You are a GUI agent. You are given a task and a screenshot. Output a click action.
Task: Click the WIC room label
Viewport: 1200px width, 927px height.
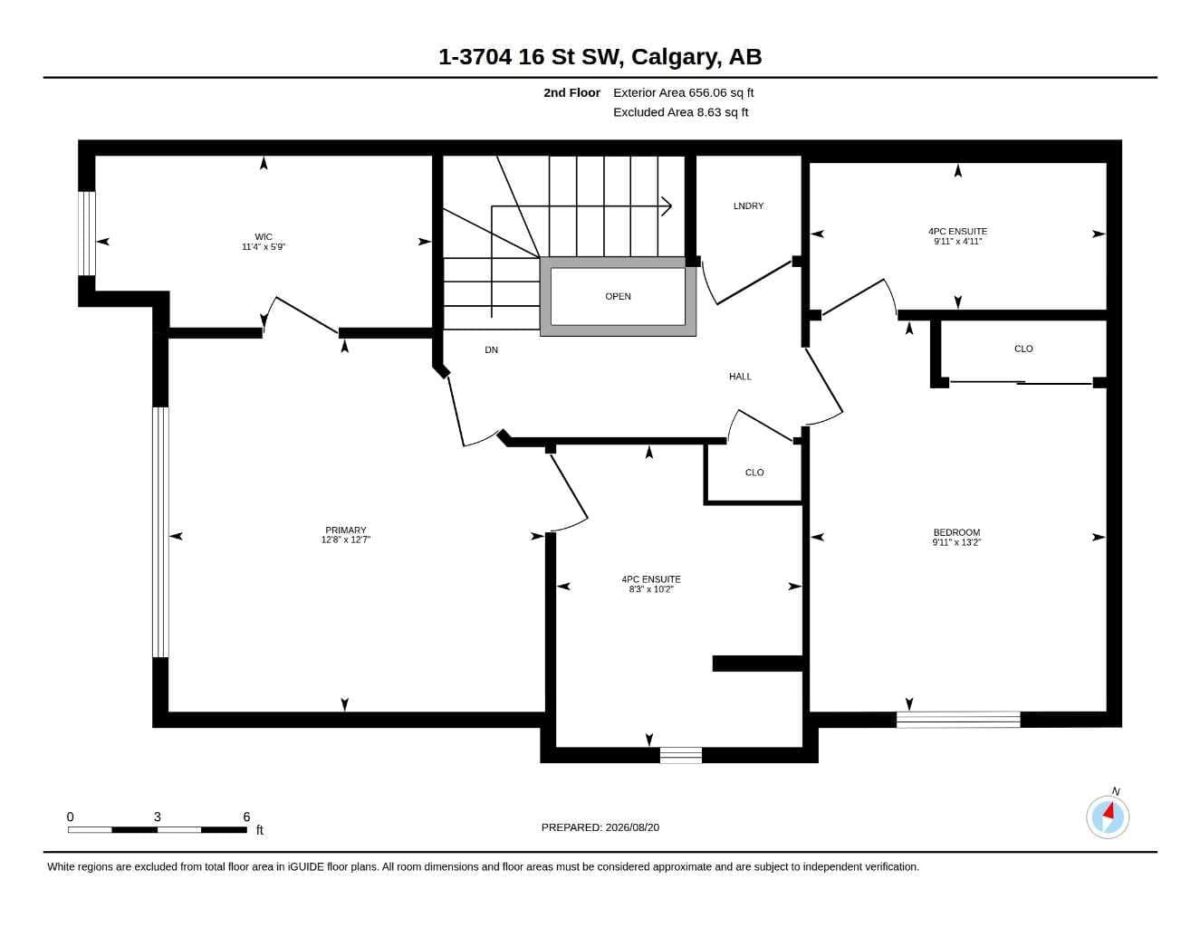coord(264,236)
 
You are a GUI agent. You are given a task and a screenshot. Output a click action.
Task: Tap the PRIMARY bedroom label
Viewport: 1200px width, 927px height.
coord(346,530)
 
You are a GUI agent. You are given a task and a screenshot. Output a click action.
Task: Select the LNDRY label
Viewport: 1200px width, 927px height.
coord(748,205)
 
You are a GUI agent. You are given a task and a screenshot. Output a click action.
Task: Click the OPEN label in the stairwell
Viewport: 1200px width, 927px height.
coord(618,296)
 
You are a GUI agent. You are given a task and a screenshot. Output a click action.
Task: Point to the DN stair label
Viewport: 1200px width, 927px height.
coord(491,349)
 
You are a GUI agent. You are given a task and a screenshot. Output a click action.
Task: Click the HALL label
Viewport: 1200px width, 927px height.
coord(740,377)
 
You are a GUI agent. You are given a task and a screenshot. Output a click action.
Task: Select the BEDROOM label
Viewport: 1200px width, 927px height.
coord(956,532)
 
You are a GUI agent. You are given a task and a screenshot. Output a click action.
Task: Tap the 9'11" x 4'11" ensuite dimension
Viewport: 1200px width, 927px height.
coord(957,241)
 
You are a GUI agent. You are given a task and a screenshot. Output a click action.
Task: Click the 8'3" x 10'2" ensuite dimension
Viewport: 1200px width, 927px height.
coord(651,589)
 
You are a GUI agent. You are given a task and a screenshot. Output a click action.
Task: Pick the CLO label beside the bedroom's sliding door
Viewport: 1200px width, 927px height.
coord(1023,349)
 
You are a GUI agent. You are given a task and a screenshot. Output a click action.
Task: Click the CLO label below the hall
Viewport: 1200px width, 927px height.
coord(754,473)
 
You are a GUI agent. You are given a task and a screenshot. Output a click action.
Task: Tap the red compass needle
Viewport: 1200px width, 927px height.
coord(1109,810)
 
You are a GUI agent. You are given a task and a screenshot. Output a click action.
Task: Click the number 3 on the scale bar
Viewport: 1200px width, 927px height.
coord(158,817)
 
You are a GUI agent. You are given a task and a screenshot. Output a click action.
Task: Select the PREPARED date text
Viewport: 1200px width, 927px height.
coord(600,827)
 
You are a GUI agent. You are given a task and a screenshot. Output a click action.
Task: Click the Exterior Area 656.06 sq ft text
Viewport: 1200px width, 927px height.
coord(683,92)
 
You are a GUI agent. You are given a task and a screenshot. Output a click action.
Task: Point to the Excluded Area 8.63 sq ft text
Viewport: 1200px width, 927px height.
coord(680,112)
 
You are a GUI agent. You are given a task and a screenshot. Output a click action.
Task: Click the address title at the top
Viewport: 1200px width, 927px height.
coord(600,57)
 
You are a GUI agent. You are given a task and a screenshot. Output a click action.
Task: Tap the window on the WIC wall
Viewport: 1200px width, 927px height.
coord(87,234)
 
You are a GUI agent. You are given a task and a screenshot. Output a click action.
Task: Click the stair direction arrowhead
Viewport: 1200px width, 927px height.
coord(667,206)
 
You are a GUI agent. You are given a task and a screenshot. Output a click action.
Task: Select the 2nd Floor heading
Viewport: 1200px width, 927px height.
coord(571,92)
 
